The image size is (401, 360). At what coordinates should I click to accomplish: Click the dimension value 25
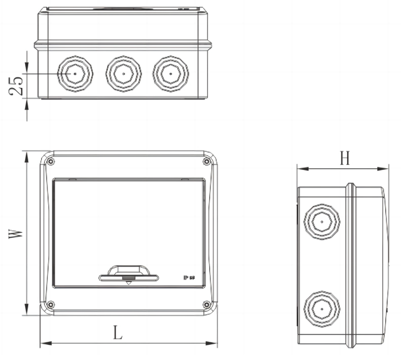click(16, 86)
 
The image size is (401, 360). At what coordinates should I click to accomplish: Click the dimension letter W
click(16, 234)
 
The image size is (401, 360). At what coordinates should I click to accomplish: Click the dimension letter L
click(118, 333)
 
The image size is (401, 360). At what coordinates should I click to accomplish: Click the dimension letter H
click(345, 159)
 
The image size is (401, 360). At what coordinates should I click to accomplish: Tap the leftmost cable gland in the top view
click(75, 74)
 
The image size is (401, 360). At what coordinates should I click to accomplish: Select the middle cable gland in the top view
click(123, 74)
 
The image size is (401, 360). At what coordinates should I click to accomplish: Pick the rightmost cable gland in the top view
click(171, 74)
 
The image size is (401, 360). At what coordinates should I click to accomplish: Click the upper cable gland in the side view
click(321, 222)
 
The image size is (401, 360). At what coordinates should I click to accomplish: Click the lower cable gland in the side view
click(321, 308)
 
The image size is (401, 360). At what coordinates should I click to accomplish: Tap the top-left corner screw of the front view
click(50, 161)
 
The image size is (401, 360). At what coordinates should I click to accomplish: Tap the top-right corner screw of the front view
click(207, 161)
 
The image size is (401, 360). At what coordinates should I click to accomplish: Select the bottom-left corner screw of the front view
click(50, 304)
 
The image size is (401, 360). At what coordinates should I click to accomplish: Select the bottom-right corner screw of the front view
click(207, 304)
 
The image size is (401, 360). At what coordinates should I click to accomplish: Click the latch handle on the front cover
click(128, 274)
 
